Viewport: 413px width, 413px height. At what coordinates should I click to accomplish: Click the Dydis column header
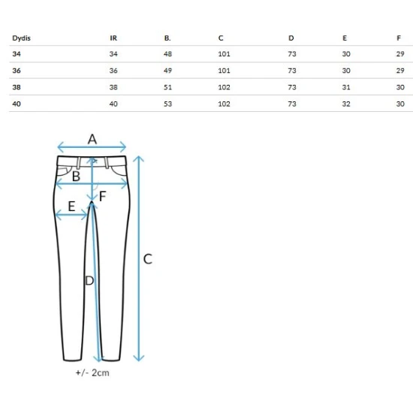click(21, 38)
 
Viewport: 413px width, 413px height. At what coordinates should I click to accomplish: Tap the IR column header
click(113, 38)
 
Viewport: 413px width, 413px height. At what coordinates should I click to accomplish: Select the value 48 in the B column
click(167, 54)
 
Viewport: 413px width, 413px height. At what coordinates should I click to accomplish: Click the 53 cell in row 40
click(167, 104)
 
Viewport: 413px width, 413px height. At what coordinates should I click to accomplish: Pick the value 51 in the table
click(167, 87)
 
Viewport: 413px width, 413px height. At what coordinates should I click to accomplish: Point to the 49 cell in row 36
click(167, 71)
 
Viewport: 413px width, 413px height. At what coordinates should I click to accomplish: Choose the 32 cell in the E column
click(346, 104)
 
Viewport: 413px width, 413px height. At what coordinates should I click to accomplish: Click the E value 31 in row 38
click(346, 87)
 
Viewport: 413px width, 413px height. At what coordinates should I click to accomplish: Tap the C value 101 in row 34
click(225, 54)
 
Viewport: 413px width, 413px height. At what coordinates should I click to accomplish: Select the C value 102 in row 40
click(225, 104)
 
